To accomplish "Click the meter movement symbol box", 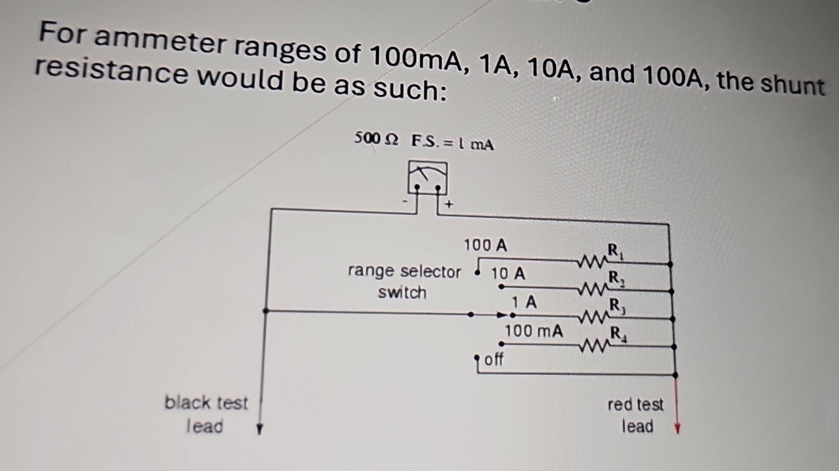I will click(428, 178).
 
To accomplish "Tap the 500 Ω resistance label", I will click(376, 139).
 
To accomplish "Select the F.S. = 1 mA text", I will click(453, 143).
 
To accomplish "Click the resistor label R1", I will click(615, 251).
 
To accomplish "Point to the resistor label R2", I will click(616, 279).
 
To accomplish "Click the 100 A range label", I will click(485, 245).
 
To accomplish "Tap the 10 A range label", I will click(508, 274).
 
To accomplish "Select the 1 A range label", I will click(524, 302).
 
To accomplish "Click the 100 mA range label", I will click(534, 331).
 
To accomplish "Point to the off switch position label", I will click(494, 359).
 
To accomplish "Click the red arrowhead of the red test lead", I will click(677, 428).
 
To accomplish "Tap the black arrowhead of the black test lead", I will click(260, 429).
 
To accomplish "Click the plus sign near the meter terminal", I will click(448, 204).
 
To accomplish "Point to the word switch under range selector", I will click(402, 292).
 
